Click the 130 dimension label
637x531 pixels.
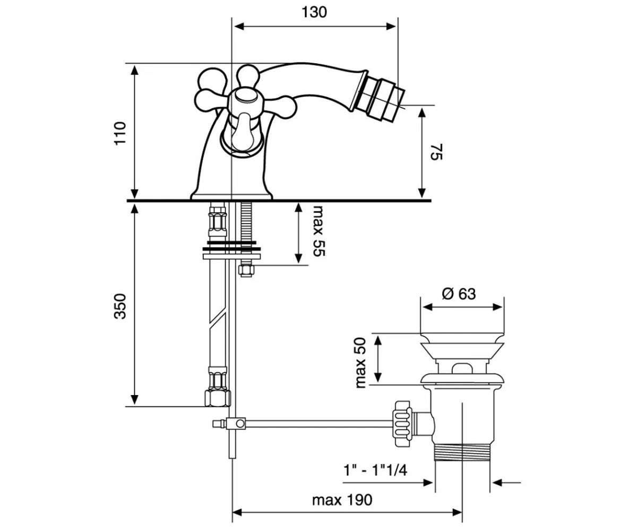314,13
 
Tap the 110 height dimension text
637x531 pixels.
120,133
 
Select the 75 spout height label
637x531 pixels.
436,152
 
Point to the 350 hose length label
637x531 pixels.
120,306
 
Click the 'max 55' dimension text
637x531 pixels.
319,231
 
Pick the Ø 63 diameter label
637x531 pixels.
459,294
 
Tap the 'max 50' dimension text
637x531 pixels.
360,363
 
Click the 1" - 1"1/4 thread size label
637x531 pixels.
375,470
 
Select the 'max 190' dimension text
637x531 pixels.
342,500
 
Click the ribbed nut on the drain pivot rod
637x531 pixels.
403,424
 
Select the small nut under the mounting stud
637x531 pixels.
246,270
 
